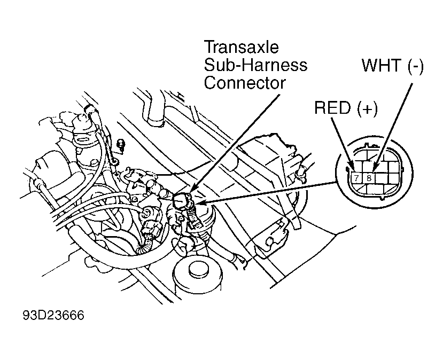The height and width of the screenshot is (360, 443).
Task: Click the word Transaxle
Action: click(242, 47)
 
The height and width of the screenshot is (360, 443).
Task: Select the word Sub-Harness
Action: click(255, 65)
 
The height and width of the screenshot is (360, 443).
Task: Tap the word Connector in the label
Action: click(245, 83)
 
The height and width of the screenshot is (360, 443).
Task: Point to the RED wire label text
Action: click(332, 107)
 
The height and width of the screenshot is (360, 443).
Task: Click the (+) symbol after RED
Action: click(367, 108)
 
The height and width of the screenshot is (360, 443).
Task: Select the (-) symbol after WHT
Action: click(415, 66)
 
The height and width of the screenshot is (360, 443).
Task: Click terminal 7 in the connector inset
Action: click(356, 178)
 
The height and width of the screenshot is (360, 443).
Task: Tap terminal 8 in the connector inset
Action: click(368, 178)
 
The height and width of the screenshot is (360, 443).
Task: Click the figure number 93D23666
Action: click(53, 315)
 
